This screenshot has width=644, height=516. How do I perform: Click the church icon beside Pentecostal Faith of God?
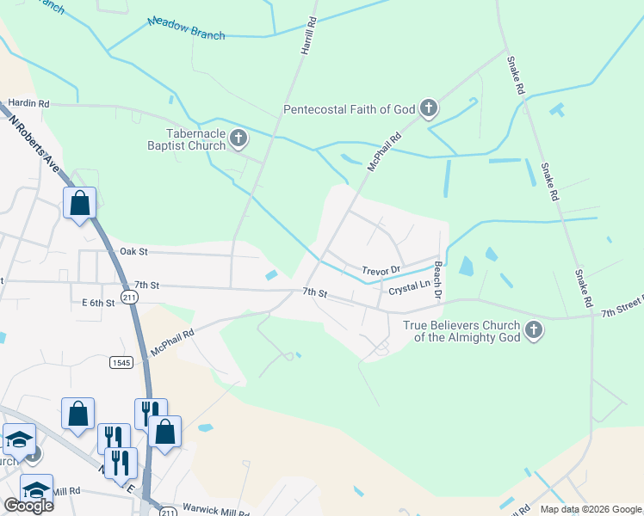429,109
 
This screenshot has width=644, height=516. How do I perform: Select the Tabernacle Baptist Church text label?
184,139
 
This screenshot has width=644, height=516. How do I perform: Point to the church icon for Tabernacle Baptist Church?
238,138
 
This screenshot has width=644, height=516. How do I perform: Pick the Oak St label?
134,251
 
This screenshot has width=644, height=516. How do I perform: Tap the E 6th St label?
98,303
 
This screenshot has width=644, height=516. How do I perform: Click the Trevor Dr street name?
381,269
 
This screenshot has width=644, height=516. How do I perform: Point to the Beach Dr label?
438,281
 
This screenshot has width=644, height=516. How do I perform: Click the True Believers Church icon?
534,330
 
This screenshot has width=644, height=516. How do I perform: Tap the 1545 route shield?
121,363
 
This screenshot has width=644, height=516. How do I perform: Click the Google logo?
28,505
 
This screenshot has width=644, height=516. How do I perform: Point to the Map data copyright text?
591,509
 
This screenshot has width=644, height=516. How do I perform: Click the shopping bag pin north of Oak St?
79,204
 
